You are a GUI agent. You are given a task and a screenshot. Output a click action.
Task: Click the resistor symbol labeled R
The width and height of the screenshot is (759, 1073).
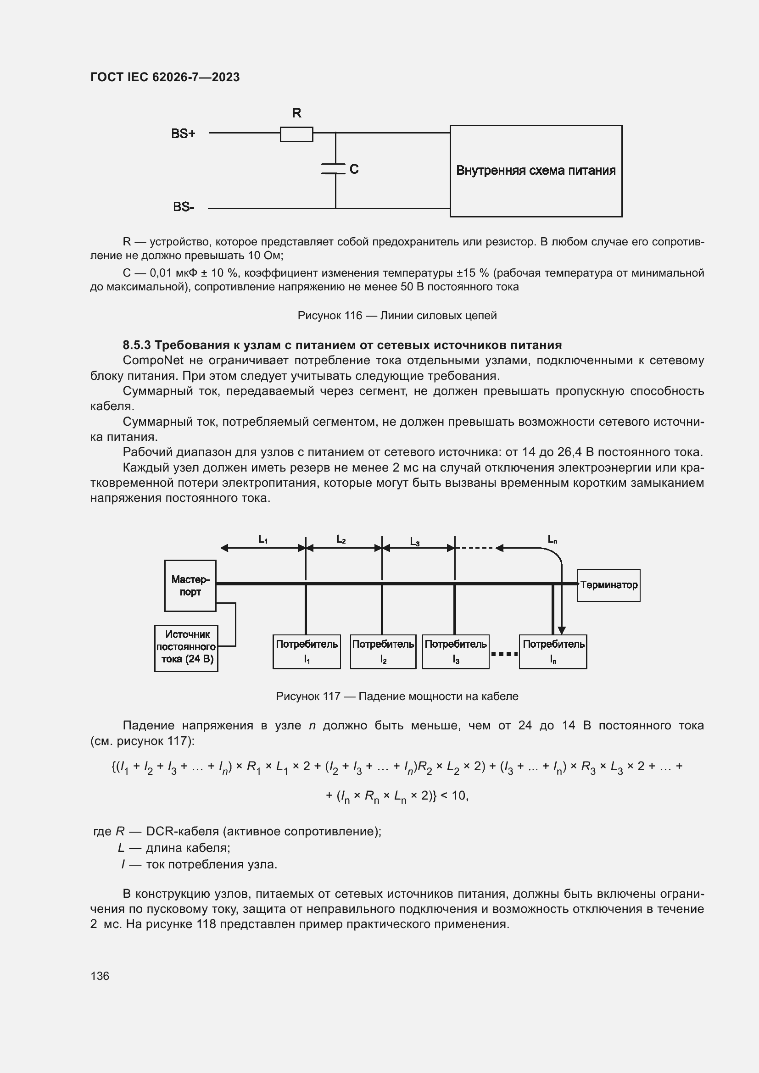click(296, 134)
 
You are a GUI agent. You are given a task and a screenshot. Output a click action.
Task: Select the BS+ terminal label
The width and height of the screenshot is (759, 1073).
click(183, 133)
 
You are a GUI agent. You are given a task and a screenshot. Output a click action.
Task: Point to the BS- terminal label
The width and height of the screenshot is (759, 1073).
click(184, 206)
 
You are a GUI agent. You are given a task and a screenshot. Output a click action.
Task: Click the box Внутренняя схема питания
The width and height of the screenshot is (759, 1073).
click(536, 171)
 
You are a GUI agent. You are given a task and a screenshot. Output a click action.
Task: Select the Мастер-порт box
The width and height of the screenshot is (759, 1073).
click(190, 585)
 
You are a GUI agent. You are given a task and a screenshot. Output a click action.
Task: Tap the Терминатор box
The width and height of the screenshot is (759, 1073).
click(608, 585)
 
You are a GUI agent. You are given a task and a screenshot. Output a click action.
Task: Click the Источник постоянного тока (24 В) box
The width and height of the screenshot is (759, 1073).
click(186, 648)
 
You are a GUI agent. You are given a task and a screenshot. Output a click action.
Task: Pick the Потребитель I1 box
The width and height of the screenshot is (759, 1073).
click(307, 651)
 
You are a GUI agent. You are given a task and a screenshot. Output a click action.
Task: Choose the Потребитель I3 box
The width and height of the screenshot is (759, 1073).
click(456, 651)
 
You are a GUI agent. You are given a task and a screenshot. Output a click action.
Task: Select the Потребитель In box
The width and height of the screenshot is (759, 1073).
click(553, 651)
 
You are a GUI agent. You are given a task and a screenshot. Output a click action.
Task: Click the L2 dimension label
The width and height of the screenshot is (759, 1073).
click(341, 539)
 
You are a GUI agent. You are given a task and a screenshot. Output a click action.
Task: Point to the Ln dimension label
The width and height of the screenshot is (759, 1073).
click(553, 540)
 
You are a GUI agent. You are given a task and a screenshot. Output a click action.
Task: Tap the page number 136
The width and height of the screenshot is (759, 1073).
click(100, 976)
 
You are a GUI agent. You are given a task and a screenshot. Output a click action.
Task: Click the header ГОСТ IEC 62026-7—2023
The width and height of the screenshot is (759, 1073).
click(165, 77)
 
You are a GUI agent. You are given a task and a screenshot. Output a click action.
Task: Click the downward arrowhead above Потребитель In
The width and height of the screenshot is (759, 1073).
click(562, 630)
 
